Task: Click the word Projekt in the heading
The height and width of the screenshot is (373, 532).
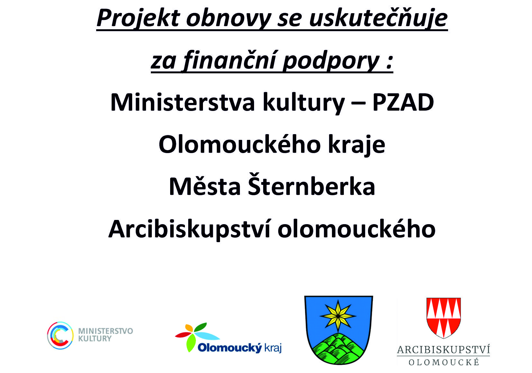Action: click(x=138, y=19)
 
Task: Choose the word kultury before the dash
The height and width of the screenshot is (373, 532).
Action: click(x=304, y=103)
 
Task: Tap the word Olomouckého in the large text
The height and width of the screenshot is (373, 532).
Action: click(x=240, y=144)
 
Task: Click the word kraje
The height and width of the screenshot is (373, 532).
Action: click(x=357, y=145)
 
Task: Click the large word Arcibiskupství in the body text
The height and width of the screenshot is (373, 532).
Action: click(x=189, y=229)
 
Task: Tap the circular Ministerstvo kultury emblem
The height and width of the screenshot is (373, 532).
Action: click(x=60, y=335)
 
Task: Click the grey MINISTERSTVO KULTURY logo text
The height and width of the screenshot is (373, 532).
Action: click(x=105, y=335)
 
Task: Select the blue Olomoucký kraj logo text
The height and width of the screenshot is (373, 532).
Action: click(x=240, y=348)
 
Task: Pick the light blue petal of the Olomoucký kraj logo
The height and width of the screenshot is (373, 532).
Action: click(x=206, y=336)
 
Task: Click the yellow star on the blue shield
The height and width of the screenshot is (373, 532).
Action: click(x=338, y=316)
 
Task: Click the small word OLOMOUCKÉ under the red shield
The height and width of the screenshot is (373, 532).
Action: click(x=444, y=362)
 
